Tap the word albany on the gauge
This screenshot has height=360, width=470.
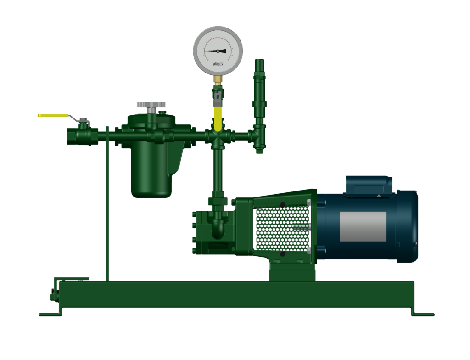coord(218,64)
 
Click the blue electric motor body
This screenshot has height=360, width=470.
coord(363,225)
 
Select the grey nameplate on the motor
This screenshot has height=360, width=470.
coord(363,226)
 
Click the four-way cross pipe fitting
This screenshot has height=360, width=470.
coord(218,136)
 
